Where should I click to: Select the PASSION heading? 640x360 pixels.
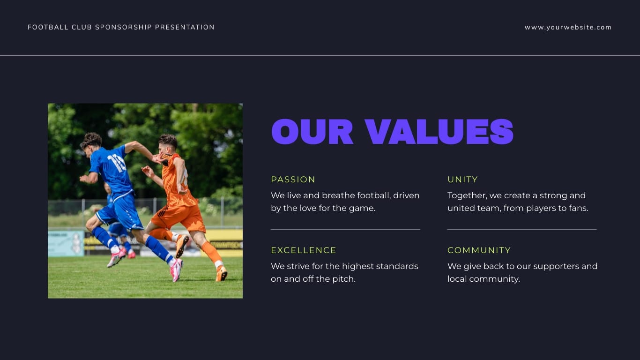(x=293, y=180)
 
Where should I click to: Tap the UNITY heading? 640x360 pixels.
(x=462, y=180)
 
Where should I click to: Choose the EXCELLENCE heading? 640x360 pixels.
(x=304, y=250)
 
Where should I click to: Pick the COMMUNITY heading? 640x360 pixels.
(x=479, y=250)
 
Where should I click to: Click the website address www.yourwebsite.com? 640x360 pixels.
(x=568, y=27)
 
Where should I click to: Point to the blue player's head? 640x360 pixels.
(x=91, y=141)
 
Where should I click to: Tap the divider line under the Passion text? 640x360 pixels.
(x=345, y=229)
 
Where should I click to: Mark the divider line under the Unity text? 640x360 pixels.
(x=521, y=229)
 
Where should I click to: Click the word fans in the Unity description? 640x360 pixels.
(x=578, y=208)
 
